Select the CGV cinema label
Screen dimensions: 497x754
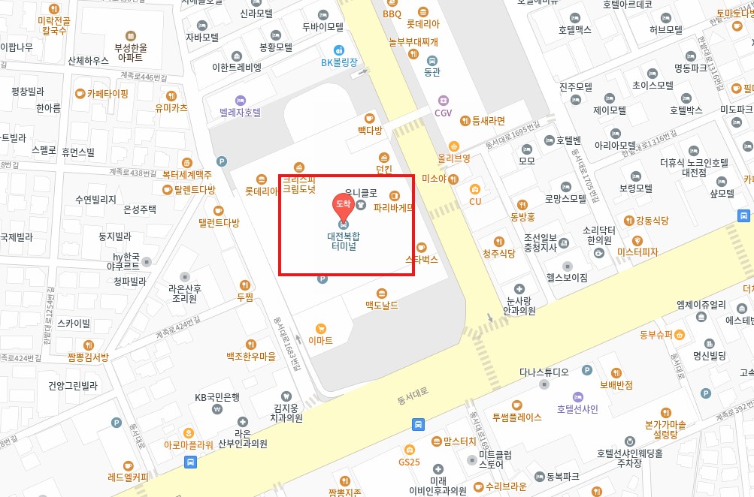[x=444, y=113]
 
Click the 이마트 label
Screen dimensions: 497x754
[x=321, y=340]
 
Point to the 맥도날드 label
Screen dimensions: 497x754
[x=382, y=305]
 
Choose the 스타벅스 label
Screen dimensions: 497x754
[x=421, y=258]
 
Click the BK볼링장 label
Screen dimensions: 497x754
[x=340, y=62]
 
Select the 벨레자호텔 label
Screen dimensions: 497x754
[x=241, y=112]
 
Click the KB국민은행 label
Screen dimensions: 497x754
[x=217, y=397]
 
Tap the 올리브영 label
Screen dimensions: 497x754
[x=453, y=158]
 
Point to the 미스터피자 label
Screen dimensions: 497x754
[x=637, y=252]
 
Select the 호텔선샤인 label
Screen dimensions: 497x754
[x=577, y=408]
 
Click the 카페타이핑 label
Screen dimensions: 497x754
[x=107, y=94]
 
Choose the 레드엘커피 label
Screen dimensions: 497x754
[x=129, y=476]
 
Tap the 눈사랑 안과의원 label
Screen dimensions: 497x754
[x=520, y=305]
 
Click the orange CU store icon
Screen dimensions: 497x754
[x=475, y=190]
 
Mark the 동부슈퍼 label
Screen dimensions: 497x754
[x=656, y=334]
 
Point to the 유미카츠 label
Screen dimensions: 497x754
[x=171, y=107]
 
